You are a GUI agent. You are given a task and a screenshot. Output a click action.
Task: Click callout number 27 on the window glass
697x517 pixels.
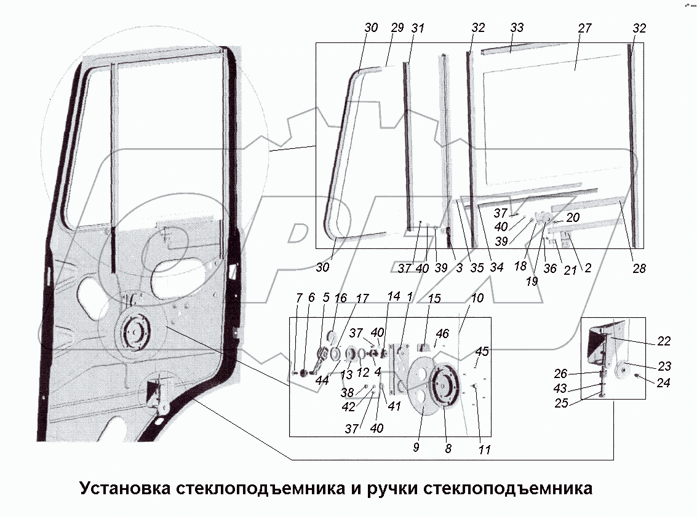[x=584, y=28]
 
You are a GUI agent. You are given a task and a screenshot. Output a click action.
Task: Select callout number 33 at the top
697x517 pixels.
[x=517, y=28]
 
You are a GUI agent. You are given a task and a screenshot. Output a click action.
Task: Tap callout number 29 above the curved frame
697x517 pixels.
[x=396, y=28]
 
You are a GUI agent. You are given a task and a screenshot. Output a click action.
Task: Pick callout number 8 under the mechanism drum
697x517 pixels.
[x=448, y=449]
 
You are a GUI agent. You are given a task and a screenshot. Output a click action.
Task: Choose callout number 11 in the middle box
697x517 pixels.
[x=484, y=450]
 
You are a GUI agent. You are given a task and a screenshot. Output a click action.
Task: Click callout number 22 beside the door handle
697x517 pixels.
[x=664, y=341]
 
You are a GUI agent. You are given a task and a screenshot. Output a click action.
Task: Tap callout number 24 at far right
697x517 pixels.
[x=664, y=382]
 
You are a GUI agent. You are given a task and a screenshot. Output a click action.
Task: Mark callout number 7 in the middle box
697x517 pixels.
[x=298, y=298]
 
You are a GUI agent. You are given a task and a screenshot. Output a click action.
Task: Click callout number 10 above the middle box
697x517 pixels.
[x=477, y=298]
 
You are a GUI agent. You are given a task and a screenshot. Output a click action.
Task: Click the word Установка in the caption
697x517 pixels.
[x=125, y=489]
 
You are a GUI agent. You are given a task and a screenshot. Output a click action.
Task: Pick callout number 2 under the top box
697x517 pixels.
[x=589, y=268]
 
